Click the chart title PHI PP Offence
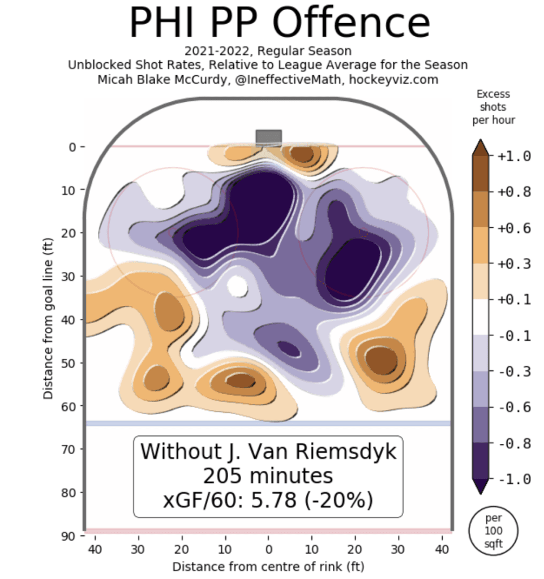click(280, 23)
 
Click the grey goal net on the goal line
click(268, 137)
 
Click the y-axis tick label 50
click(67, 362)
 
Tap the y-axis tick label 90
click(67, 535)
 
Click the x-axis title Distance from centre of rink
click(268, 566)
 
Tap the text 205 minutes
click(268, 476)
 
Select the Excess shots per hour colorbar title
click(492, 107)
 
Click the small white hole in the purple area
click(237, 286)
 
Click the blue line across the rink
click(268, 423)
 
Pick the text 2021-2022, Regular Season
click(268, 52)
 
